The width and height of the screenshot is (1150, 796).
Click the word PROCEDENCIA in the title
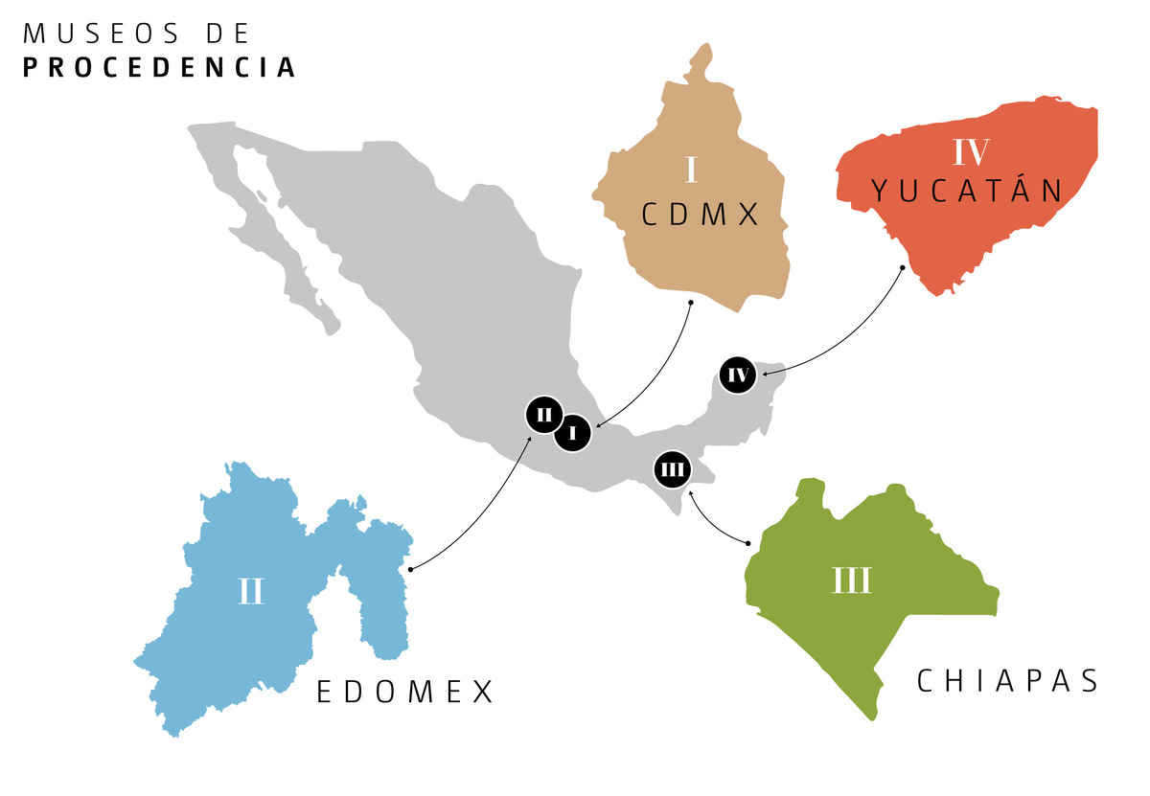click(159, 68)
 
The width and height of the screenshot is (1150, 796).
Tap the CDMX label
click(701, 215)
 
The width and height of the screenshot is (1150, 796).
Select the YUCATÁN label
click(969, 191)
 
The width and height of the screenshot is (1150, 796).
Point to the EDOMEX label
click(405, 692)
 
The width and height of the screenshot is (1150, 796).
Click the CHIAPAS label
click(1007, 680)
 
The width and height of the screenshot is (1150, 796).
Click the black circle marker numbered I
click(572, 433)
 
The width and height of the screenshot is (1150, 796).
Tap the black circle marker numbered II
click(544, 415)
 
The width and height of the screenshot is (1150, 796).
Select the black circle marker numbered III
click(673, 469)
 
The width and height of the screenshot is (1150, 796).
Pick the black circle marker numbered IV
click(738, 375)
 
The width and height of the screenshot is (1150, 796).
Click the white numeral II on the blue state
click(250, 591)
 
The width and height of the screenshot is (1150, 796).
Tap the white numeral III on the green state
click(852, 580)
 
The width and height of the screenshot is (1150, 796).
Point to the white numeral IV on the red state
click(971, 152)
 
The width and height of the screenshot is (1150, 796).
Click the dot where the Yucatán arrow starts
click(902, 267)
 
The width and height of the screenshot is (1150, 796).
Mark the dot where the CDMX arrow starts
click(690, 303)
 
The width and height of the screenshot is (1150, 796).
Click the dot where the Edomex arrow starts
click(410, 569)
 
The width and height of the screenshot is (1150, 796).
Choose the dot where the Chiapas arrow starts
click(747, 543)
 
